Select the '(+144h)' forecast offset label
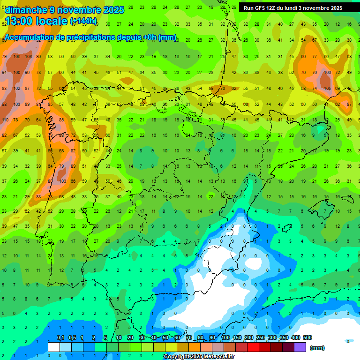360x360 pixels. (83, 21)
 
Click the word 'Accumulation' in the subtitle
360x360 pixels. (30, 37)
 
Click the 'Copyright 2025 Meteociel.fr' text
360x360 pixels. (199, 357)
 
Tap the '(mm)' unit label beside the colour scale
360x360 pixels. (317, 348)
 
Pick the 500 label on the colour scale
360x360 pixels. (307, 338)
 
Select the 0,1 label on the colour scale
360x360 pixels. (60, 338)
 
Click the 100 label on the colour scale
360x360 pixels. (225, 338)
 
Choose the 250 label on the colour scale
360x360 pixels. (261, 338)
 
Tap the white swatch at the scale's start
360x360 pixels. (54, 347)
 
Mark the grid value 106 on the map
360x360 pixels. (17, 56)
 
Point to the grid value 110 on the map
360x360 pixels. (5, 120)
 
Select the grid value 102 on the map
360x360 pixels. (17, 88)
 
